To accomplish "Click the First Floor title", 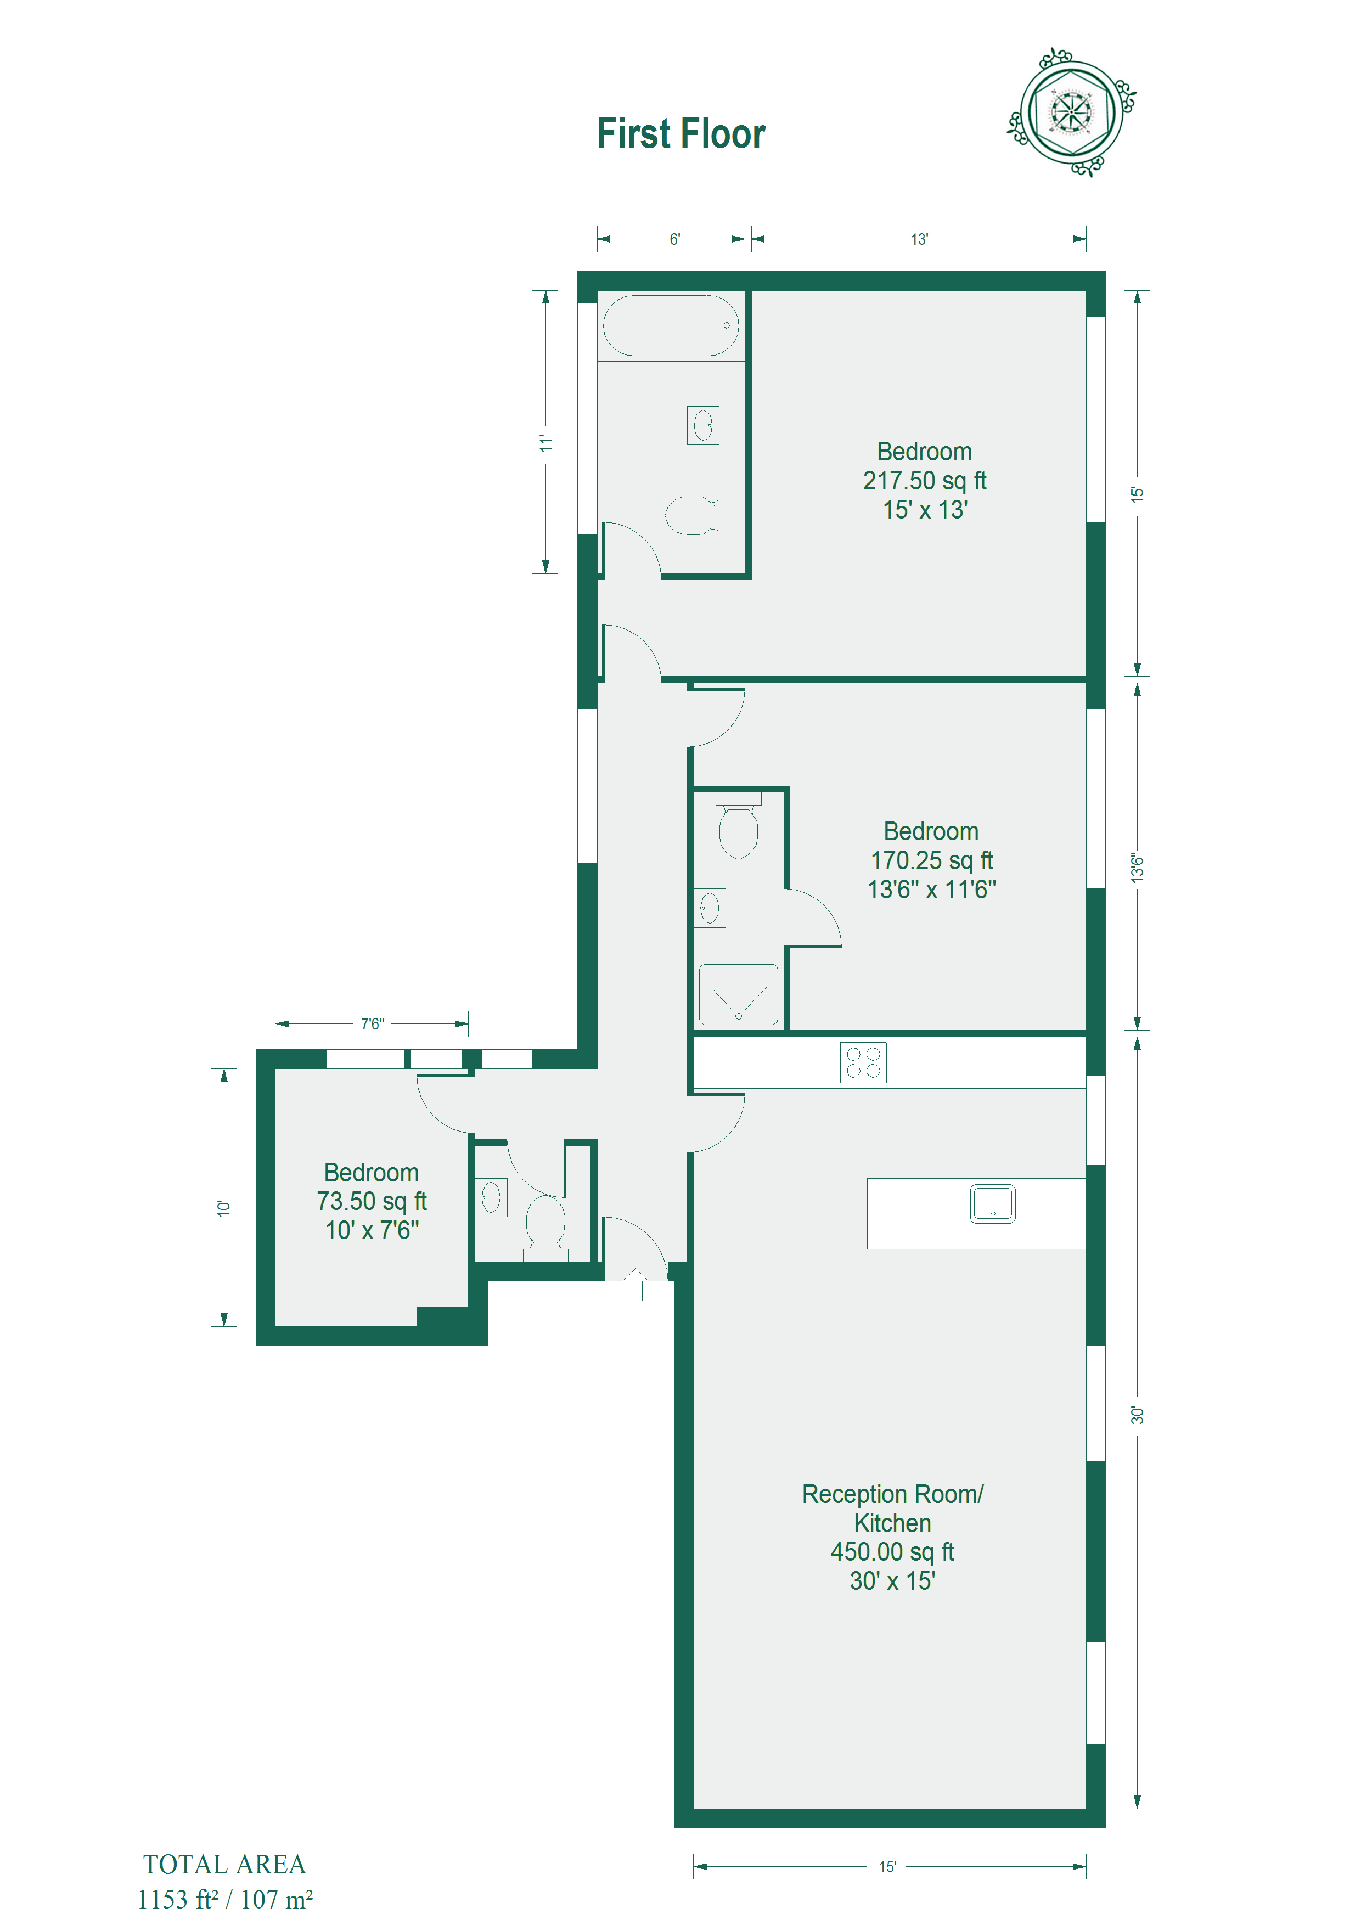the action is click(681, 134).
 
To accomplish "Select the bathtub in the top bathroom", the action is click(671, 325).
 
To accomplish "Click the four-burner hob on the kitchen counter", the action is click(863, 1062).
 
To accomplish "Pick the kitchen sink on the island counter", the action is click(993, 1203).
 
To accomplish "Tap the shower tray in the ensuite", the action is click(738, 994).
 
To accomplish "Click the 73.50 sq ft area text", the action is click(372, 1201).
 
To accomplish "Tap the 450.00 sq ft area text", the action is click(892, 1552).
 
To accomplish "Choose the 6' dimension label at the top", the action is click(675, 239).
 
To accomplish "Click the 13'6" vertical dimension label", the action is click(1137, 868).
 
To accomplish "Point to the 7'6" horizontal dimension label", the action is click(372, 1024).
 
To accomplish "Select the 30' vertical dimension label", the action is click(1137, 1415).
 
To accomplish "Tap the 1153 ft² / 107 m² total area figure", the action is click(225, 1899).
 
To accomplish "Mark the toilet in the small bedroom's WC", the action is click(545, 1226).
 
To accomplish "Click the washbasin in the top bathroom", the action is click(702, 425).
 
